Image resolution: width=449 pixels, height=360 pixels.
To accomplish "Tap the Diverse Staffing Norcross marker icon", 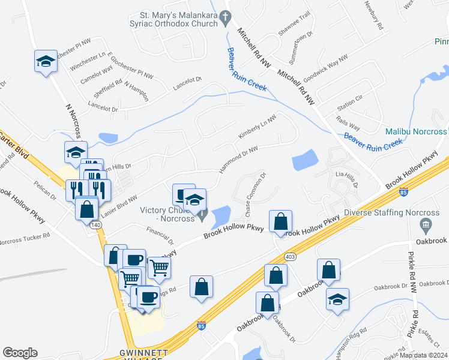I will click(x=426, y=226).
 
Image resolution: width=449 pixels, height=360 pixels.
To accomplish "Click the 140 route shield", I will click(x=96, y=224).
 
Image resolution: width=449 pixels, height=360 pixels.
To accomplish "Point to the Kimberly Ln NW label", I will click(x=256, y=128).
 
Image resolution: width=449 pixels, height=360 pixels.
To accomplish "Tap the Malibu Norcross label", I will click(x=415, y=131).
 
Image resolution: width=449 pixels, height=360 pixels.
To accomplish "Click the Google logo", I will click(x=20, y=353).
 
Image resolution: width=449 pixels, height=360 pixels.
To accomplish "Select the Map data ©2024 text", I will click(x=423, y=355).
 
